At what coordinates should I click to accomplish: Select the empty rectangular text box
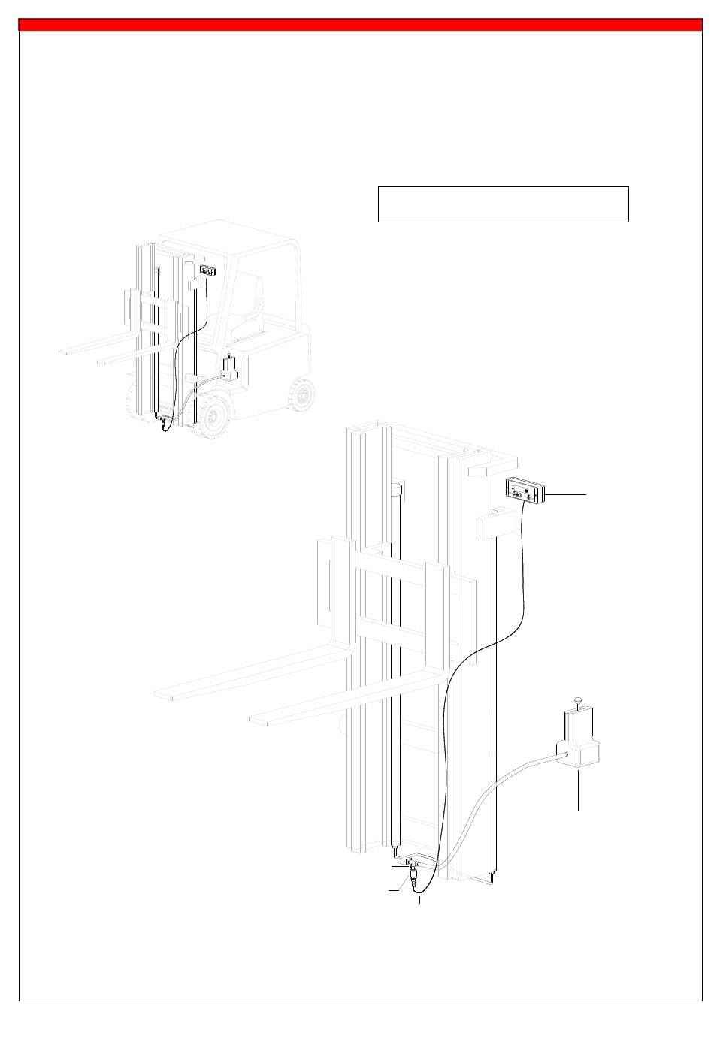pyautogui.click(x=503, y=204)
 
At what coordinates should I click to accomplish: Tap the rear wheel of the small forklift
pyautogui.click(x=302, y=394)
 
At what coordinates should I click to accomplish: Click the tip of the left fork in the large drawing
pyautogui.click(x=162, y=695)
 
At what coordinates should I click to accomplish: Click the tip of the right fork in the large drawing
pyautogui.click(x=258, y=720)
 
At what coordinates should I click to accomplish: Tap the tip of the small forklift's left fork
pyautogui.click(x=64, y=351)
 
